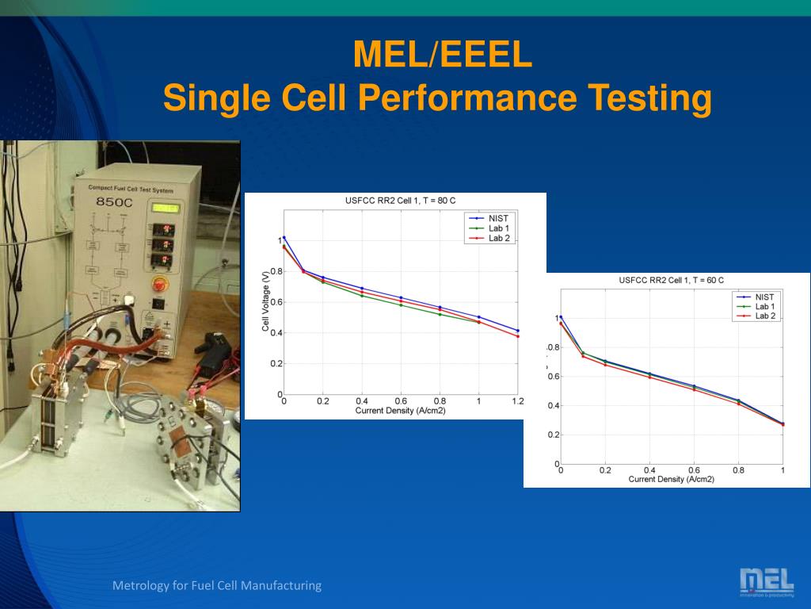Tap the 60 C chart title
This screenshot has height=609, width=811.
671,280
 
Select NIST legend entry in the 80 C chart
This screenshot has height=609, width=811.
498,218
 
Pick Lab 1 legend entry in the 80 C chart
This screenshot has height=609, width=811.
498,228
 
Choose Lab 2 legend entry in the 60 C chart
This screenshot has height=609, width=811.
765,316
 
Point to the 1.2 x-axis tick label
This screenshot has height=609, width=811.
518,401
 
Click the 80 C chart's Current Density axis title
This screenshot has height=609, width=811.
400,410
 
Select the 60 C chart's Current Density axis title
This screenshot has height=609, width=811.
671,479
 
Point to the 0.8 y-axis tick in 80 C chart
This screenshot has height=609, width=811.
276,271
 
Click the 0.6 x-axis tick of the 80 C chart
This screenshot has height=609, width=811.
401,401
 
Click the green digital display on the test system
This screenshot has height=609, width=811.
166,208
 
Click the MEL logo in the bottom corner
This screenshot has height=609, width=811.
766,581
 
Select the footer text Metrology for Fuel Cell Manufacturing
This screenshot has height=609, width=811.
217,586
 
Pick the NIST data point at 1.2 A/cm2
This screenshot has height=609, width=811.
518,331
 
